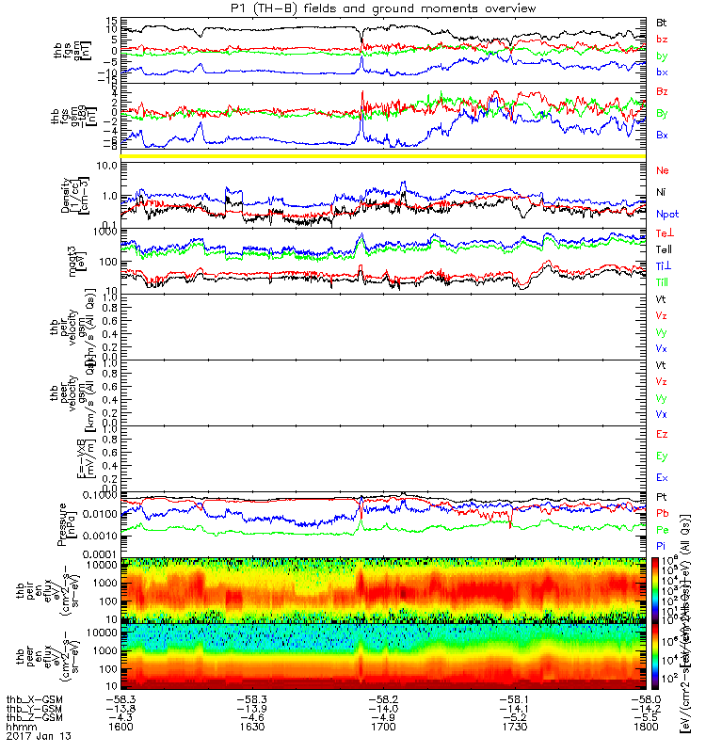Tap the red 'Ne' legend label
[662, 170]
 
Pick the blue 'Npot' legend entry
[667, 215]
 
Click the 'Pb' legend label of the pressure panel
[663, 514]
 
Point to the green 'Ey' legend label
[663, 456]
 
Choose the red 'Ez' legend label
[663, 434]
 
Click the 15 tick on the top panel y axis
[111, 21]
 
